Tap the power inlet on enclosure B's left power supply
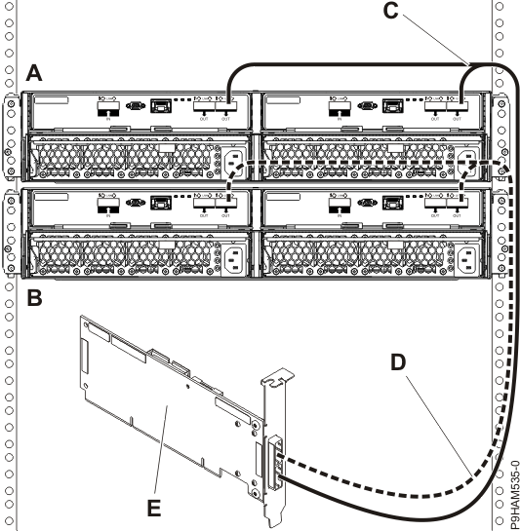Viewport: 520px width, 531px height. point(235,255)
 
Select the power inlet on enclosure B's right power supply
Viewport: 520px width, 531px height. point(469,255)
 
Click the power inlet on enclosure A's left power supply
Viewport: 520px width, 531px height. point(235,162)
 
